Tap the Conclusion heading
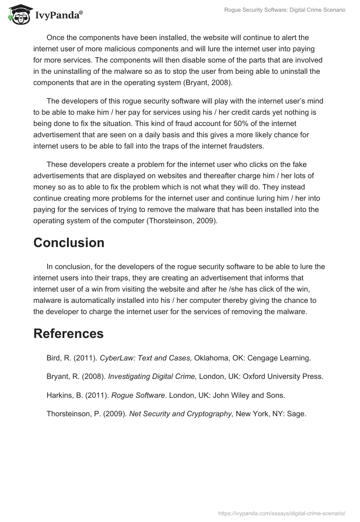pyautogui.click(x=68, y=243)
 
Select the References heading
pyautogui.click(x=68, y=333)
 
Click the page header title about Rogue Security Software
pyautogui.click(x=284, y=10)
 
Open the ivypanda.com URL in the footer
pyautogui.click(x=282, y=513)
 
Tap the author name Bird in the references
pyautogui.click(x=53, y=358)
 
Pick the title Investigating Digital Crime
pyautogui.click(x=152, y=377)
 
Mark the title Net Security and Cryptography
pyautogui.click(x=181, y=414)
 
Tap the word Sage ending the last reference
pyautogui.click(x=297, y=414)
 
